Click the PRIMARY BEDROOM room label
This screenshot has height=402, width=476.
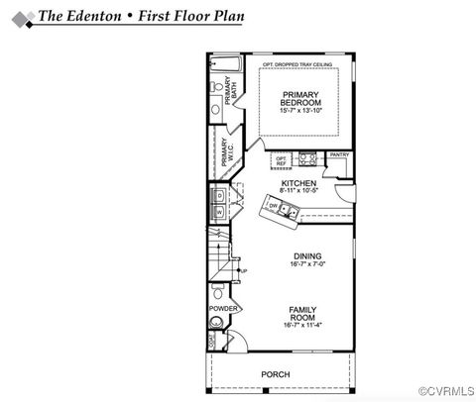(299, 98)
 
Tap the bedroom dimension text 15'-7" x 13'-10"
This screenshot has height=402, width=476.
(299, 111)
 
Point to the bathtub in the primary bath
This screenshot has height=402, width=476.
(225, 64)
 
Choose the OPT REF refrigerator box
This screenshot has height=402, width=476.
(281, 159)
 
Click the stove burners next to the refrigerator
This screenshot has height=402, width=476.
(307, 158)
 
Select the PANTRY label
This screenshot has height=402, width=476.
(339, 154)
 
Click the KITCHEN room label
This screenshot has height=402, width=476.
(298, 184)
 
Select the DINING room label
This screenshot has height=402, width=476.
(306, 256)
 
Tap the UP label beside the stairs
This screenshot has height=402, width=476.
(244, 270)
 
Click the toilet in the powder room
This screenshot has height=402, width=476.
(216, 293)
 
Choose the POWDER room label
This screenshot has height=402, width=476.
(221, 309)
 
